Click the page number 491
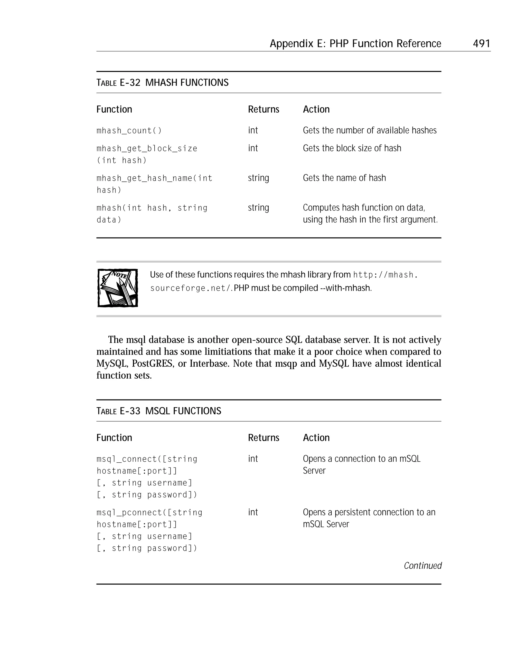(x=481, y=43)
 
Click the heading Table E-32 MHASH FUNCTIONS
(x=162, y=82)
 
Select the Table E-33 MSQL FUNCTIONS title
(x=159, y=411)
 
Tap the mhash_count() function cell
(x=129, y=131)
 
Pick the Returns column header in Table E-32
(x=263, y=109)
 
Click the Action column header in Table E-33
(x=316, y=438)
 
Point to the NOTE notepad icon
(x=118, y=288)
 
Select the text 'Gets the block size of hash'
(x=352, y=148)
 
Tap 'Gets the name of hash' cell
(x=344, y=178)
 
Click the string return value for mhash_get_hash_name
(x=258, y=178)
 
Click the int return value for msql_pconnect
(x=253, y=512)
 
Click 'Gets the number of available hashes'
(x=369, y=130)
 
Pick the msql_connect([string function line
(x=147, y=459)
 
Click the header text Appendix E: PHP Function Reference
(x=355, y=44)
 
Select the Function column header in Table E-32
(x=114, y=109)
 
